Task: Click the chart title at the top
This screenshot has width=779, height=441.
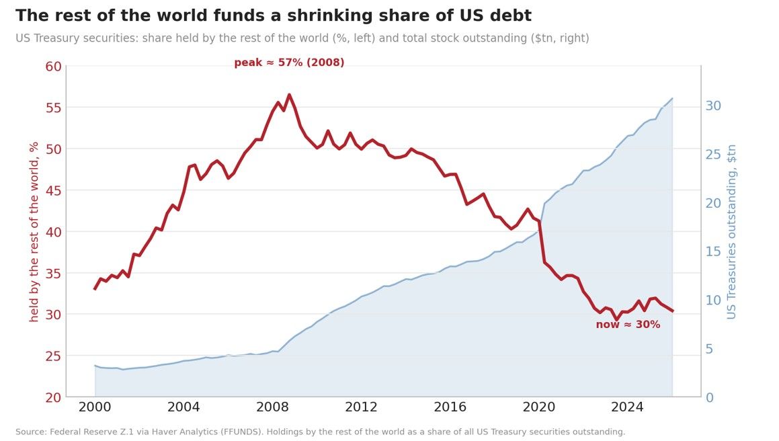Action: pos(274,15)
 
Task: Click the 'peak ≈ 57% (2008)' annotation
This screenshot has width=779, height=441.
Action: pos(289,63)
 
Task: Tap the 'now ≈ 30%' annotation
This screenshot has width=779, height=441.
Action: pos(628,325)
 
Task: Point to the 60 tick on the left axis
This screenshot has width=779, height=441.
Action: pos(53,67)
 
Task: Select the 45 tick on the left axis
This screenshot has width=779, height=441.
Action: pos(53,190)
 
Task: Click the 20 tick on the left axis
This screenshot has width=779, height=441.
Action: pos(53,397)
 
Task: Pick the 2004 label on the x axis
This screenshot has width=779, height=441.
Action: pos(183,407)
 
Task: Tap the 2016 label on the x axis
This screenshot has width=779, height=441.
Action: pos(450,407)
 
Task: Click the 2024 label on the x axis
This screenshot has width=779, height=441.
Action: pos(627,407)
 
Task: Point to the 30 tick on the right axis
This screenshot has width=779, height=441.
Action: pos(713,106)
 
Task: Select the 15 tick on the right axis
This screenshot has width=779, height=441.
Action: pos(713,251)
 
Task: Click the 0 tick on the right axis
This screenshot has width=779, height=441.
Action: pos(710,398)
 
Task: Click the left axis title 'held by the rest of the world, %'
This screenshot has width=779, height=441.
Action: pos(34,232)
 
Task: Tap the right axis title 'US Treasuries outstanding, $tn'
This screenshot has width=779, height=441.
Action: pos(731,232)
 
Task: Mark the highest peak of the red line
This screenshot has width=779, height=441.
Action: pos(289,95)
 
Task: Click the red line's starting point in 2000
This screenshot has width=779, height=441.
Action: pos(95,289)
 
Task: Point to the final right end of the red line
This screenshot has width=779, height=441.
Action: pos(672,311)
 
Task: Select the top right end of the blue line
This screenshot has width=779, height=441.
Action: pos(672,98)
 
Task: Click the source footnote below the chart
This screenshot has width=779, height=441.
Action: pos(321,432)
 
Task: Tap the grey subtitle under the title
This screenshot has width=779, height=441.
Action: pos(302,38)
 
